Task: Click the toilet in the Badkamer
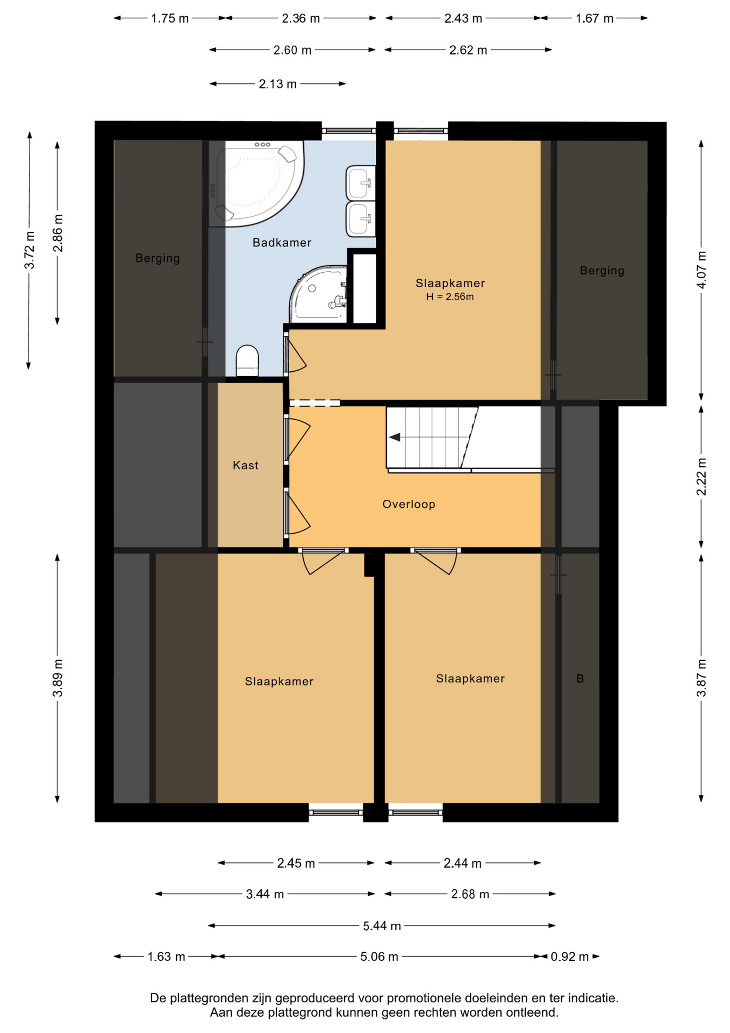[247, 360]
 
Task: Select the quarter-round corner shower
[318, 294]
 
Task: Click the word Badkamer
[282, 243]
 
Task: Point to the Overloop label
[409, 504]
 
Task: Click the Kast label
[246, 465]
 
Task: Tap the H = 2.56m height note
[450, 297]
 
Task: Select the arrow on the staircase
[395, 437]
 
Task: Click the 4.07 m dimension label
[702, 270]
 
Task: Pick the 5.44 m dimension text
[382, 926]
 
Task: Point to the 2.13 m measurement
[278, 84]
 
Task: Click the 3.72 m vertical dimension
[30, 250]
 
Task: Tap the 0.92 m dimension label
[569, 957]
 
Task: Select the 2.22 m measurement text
[702, 477]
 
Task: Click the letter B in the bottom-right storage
[580, 679]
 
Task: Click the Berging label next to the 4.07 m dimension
[602, 271]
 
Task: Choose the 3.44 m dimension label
[265, 894]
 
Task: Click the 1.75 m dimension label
[170, 18]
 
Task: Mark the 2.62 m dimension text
[468, 50]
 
